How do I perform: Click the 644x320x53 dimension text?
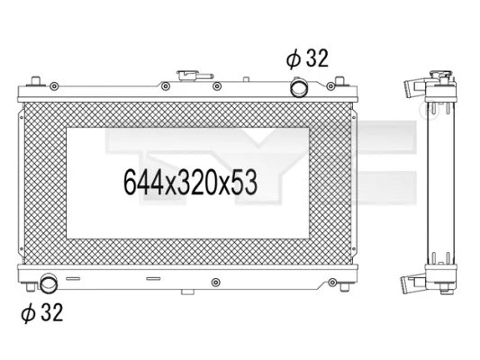coord(190,183)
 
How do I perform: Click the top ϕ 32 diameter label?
coord(307,59)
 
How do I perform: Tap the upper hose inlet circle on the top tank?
coord(298,87)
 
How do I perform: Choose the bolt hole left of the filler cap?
coord(166,87)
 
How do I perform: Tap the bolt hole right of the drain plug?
coord(215,283)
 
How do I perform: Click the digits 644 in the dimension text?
coord(141,183)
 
